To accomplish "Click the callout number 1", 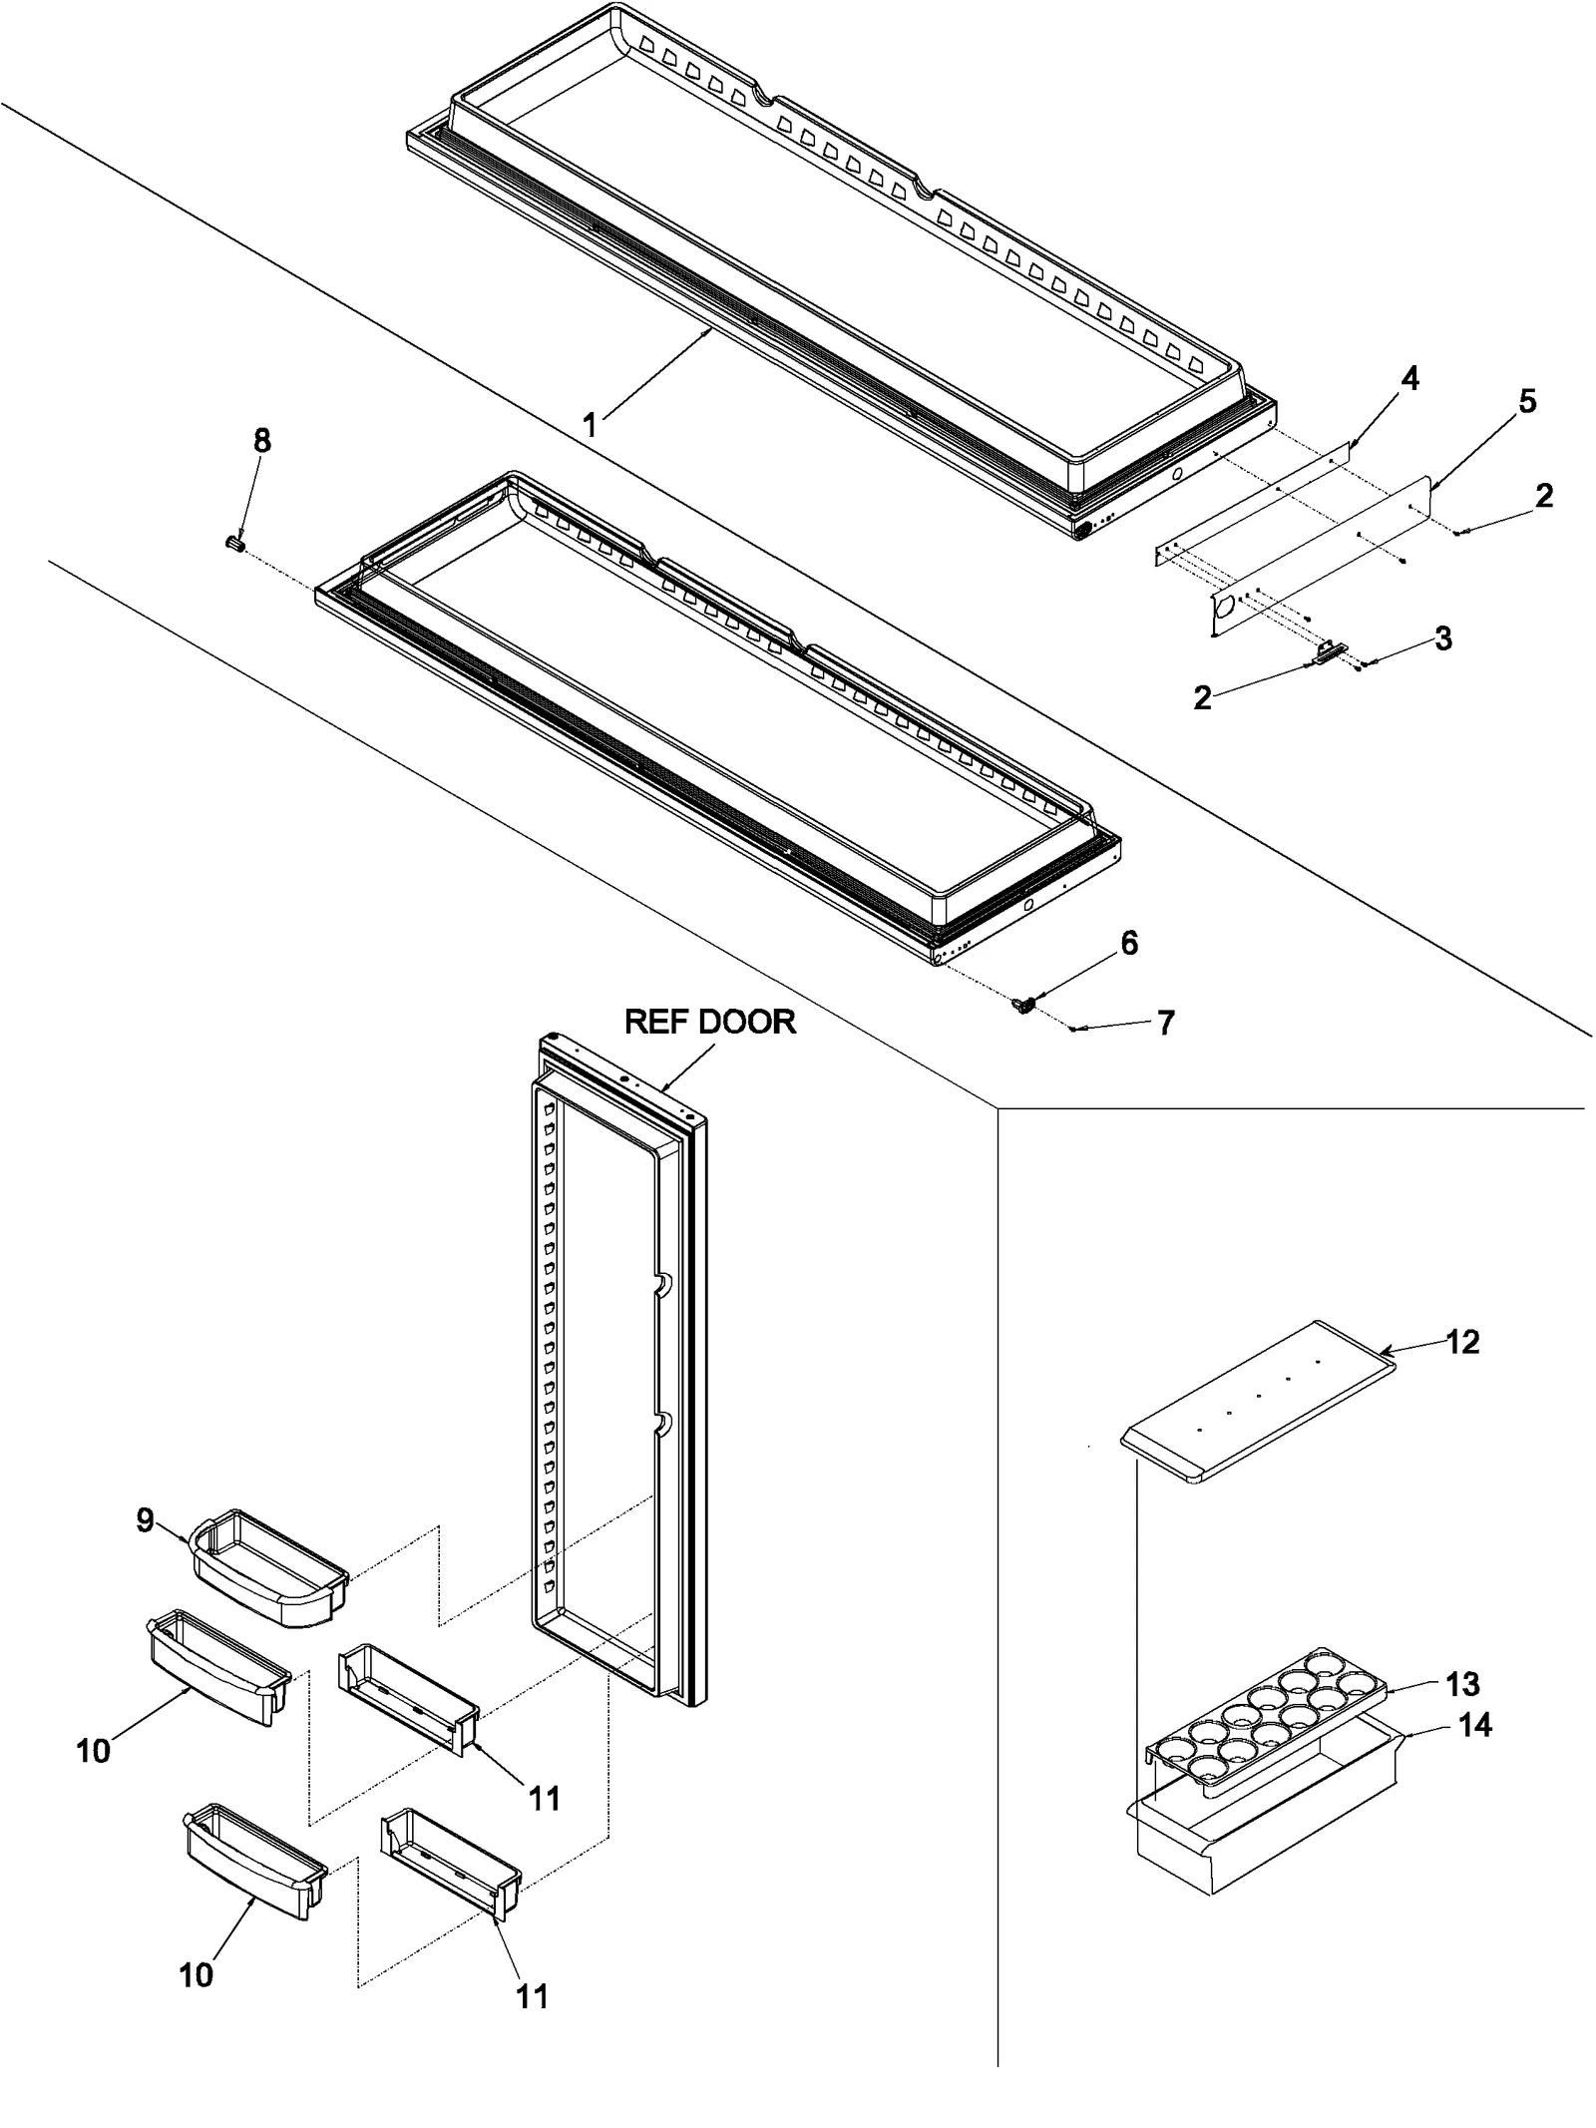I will (x=590, y=426).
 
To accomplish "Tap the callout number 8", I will (x=261, y=441).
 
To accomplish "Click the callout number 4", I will (x=1409, y=379).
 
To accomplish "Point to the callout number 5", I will (x=1527, y=402).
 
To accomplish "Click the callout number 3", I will (x=1442, y=639).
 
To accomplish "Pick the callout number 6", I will (x=1129, y=943).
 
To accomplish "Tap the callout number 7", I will (x=1165, y=1023).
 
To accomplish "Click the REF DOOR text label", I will (x=709, y=1022).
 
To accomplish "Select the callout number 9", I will (x=146, y=1520).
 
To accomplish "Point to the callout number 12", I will (x=1462, y=1342).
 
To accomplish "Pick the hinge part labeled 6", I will (x=1021, y=1006).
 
